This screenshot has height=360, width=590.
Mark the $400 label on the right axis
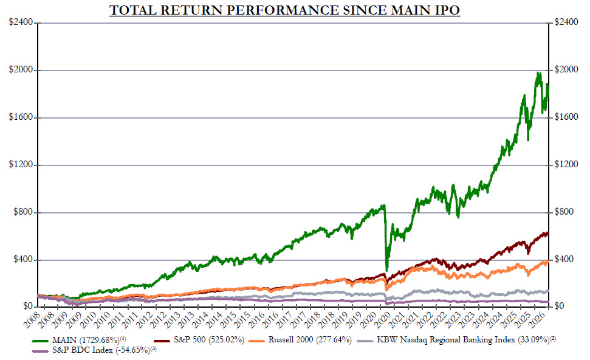click(565, 260)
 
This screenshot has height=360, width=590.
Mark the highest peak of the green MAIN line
click(538, 73)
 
